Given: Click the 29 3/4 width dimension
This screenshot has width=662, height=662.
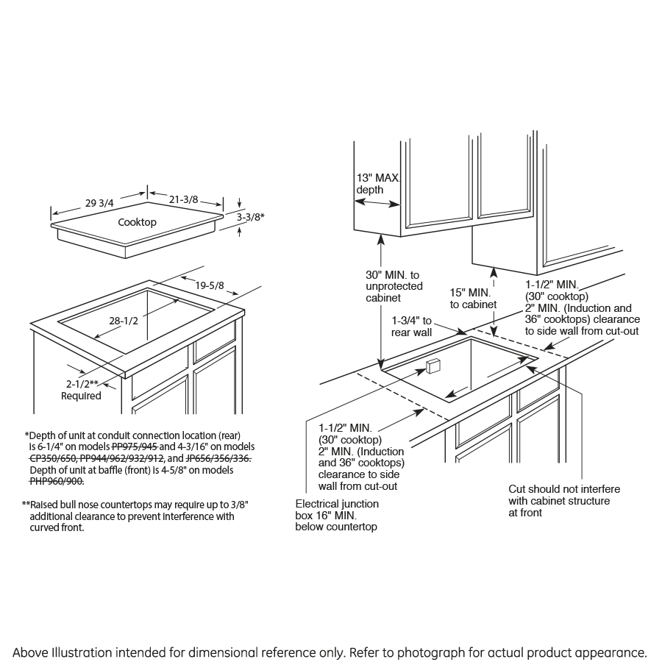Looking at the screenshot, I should pos(100,204).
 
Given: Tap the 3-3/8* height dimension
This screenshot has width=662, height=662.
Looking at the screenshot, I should pos(251,217).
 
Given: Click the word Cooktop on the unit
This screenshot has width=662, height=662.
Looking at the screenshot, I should pos(137,222).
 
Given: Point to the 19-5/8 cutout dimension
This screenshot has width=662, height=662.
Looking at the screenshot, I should pos(210,285).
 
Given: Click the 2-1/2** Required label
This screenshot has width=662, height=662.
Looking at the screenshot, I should pos(82,390).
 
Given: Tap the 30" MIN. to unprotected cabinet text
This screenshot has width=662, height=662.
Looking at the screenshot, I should pos(394,286).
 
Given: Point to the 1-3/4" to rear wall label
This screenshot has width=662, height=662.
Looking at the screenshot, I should pos(412,327).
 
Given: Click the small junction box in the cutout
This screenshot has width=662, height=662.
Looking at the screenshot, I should pos(432,366).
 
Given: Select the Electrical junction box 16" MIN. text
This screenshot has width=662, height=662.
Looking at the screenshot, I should pos(337,515).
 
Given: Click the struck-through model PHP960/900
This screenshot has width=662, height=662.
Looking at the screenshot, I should pos(57,481).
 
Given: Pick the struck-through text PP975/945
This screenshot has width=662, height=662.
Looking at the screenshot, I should pos(134,446).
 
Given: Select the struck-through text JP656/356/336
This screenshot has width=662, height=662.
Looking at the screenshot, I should pos(218,458).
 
